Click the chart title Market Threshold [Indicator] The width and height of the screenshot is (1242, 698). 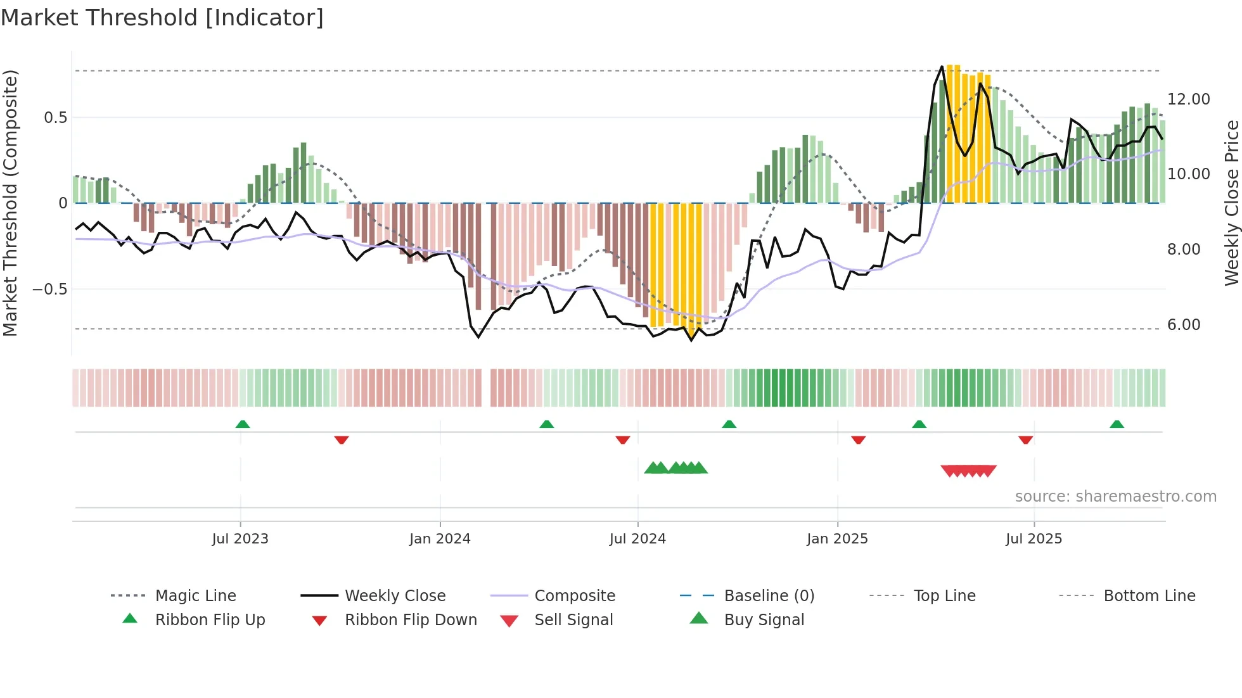162,18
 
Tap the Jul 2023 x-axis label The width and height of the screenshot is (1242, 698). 240,539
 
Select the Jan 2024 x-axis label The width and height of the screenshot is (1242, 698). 440,539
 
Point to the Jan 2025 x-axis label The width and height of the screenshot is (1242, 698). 837,539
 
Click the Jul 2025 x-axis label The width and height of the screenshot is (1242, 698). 1034,539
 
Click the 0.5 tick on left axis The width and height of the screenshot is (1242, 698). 55,118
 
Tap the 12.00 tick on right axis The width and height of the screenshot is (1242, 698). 1188,99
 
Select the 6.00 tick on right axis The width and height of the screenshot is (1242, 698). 1184,325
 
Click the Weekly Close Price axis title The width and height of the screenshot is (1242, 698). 1231,203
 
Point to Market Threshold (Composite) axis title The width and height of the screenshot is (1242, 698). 10,203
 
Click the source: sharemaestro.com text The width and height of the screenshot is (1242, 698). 1115,497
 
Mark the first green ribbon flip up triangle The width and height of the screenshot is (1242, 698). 243,424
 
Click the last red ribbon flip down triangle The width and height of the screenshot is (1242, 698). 1025,440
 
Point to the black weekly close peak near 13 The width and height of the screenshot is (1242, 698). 942,67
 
